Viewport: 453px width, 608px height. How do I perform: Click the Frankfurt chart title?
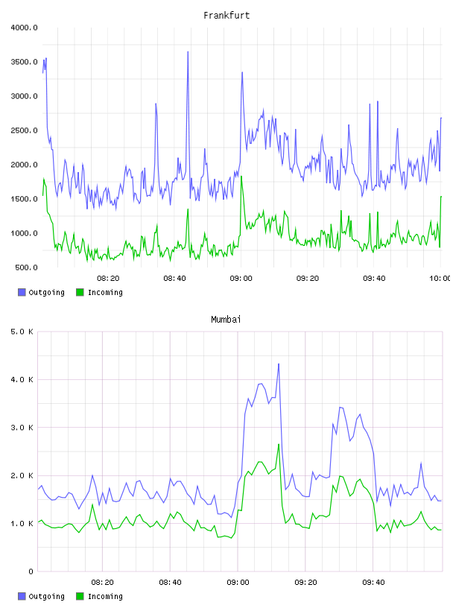tap(226, 16)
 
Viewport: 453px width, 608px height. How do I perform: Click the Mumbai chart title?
tap(226, 320)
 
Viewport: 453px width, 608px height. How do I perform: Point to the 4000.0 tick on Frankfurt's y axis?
tap(24, 28)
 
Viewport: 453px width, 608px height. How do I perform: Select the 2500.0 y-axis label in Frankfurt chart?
tap(24, 130)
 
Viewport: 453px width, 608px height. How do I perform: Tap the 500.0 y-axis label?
tap(26, 267)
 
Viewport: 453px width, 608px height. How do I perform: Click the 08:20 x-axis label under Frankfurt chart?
tap(108, 279)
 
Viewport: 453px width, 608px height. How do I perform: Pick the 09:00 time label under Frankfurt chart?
tap(241, 279)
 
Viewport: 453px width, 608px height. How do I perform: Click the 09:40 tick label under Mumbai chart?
tap(373, 583)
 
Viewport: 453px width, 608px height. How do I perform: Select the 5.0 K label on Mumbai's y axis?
tap(22, 332)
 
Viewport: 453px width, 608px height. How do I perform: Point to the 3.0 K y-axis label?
tap(22, 428)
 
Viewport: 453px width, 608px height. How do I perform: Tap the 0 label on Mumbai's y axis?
tap(31, 571)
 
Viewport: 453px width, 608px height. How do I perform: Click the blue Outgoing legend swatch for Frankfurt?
tap(22, 292)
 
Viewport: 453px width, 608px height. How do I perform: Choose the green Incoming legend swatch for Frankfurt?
tap(80, 292)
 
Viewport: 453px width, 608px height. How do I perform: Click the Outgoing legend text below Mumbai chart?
tap(46, 597)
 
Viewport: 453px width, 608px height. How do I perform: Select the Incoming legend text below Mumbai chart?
tap(105, 597)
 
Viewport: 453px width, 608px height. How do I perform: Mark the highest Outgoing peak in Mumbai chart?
tap(279, 364)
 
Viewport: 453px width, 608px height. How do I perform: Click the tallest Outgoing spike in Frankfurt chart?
tap(188, 51)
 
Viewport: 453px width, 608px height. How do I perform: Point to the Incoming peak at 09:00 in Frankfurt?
tap(241, 177)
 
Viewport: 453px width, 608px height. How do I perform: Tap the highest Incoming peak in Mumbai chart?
tap(279, 444)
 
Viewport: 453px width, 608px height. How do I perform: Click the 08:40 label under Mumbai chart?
tap(170, 583)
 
